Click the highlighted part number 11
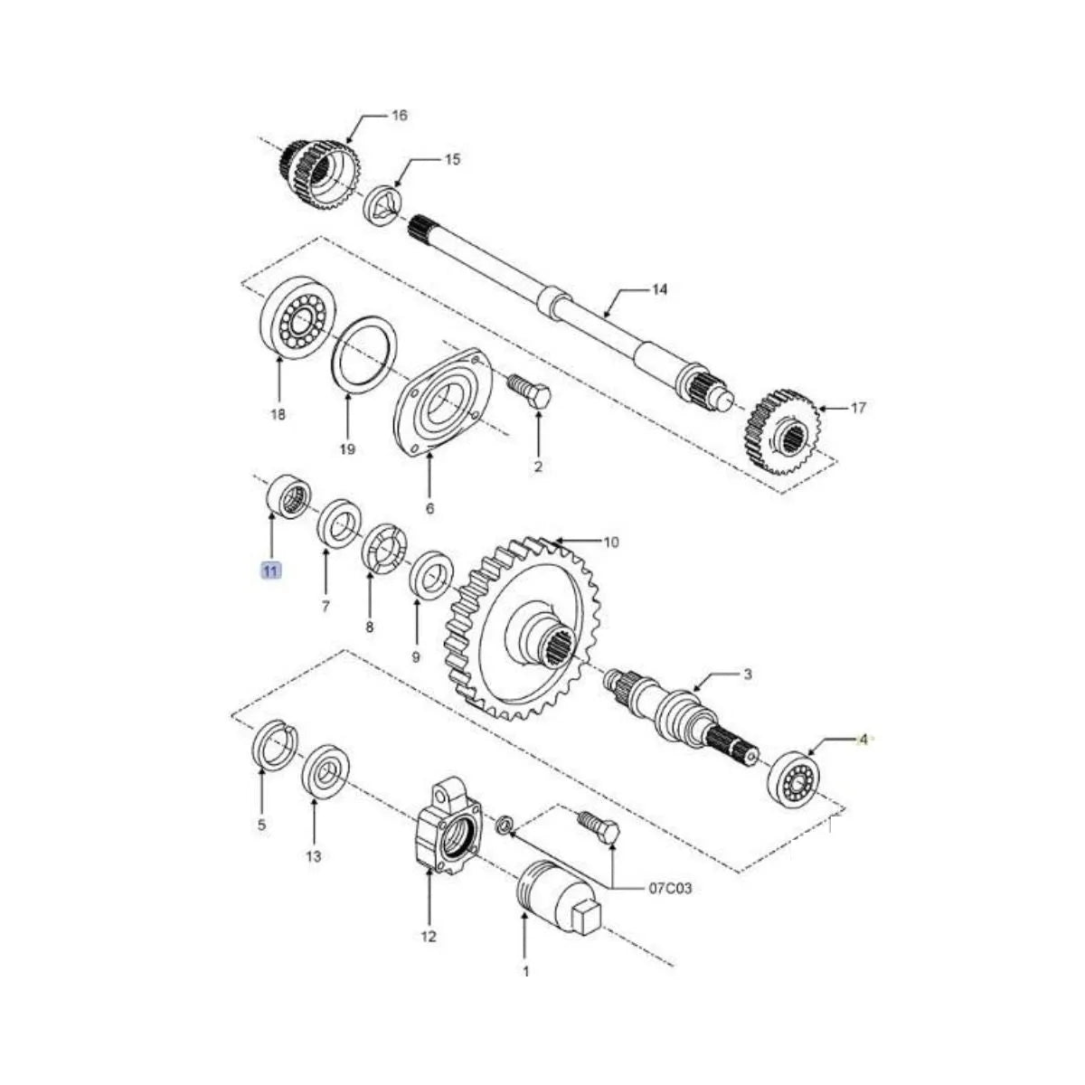tap(271, 570)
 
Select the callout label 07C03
tap(670, 889)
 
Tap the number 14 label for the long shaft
tap(659, 289)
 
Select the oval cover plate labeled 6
tap(443, 401)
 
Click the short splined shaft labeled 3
tap(678, 710)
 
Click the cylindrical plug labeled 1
tap(547, 892)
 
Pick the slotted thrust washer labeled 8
tap(382, 548)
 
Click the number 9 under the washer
tap(416, 657)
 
